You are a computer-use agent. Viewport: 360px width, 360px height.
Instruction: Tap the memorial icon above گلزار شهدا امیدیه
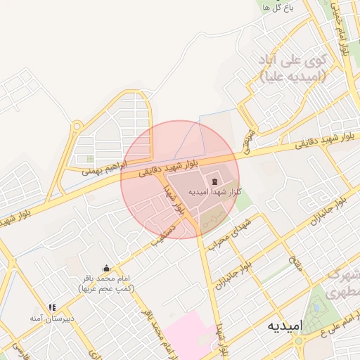tap(214, 182)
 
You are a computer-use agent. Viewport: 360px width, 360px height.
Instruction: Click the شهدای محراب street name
tap(229, 237)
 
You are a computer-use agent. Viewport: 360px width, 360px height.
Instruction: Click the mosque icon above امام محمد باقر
tap(107, 267)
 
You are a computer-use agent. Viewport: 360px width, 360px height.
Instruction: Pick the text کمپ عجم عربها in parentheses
tap(107, 288)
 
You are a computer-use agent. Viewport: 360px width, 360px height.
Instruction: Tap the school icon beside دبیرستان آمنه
tap(52, 307)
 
